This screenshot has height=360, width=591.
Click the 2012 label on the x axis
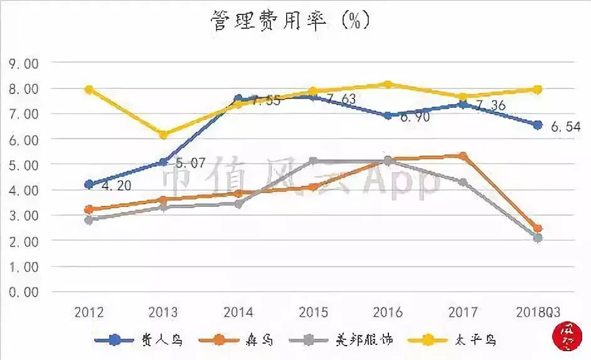88,312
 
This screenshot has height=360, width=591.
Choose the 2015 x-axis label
313,312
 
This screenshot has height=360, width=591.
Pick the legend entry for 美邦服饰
343,340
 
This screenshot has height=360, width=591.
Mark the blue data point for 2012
89,184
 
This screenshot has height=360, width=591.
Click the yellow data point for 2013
164,135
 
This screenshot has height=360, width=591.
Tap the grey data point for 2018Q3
538,238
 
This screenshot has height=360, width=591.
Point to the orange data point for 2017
463,156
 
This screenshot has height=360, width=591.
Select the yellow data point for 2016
388,84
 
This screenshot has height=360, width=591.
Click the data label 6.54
565,126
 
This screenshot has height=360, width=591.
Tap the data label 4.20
114,186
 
